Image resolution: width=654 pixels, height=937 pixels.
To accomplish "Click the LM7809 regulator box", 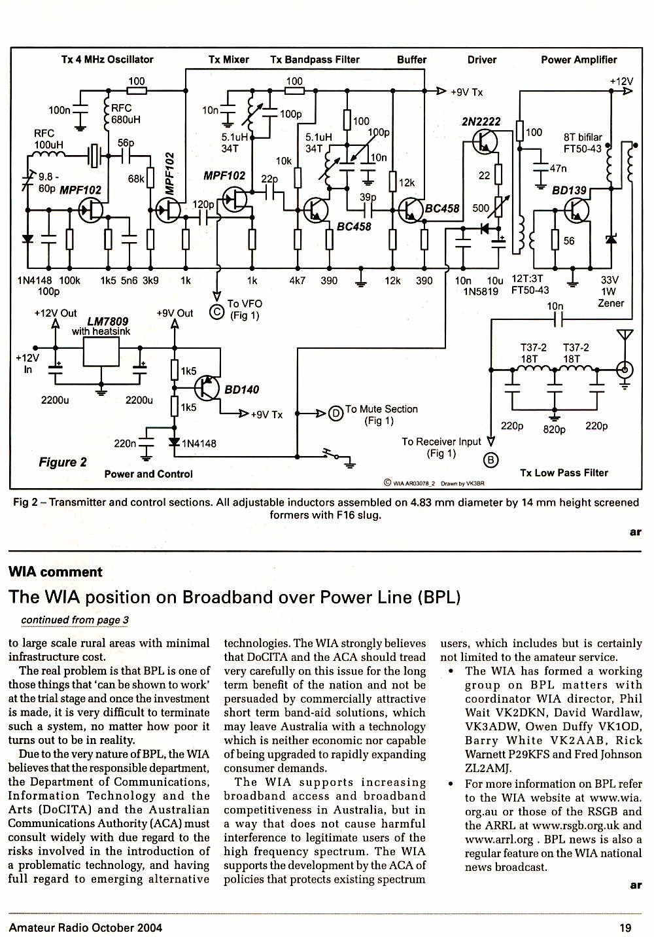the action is pyautogui.click(x=101, y=351).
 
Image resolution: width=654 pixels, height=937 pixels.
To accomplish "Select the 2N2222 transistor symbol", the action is pyautogui.click(x=485, y=141).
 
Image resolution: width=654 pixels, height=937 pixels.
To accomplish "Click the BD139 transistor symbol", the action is pyautogui.click(x=577, y=211).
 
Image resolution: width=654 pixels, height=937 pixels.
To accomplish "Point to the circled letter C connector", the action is pyautogui.click(x=216, y=312).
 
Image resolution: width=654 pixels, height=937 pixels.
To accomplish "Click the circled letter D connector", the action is pyautogui.click(x=336, y=414).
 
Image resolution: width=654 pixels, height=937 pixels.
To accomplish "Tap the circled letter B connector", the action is pyautogui.click(x=491, y=461).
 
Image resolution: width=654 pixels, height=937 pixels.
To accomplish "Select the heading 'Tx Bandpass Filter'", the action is pyautogui.click(x=315, y=60).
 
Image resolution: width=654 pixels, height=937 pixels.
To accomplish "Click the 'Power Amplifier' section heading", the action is pyautogui.click(x=579, y=60).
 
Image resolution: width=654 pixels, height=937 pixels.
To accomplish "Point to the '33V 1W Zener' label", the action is pyautogui.click(x=611, y=292).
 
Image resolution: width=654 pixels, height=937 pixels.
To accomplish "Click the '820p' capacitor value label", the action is pyautogui.click(x=554, y=430).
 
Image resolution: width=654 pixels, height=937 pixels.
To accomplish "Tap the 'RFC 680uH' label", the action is pyautogui.click(x=126, y=114).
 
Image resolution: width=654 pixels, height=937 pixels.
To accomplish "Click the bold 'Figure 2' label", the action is pyautogui.click(x=63, y=462).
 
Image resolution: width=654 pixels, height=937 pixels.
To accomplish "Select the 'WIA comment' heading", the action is pyautogui.click(x=55, y=572).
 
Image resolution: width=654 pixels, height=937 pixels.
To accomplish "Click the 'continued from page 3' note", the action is pyautogui.click(x=75, y=620).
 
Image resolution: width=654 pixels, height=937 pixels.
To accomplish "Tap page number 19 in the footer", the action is pyautogui.click(x=626, y=928).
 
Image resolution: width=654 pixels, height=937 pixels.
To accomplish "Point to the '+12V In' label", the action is pyautogui.click(x=27, y=364).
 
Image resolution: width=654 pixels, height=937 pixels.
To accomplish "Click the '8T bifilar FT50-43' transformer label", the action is pyautogui.click(x=583, y=143).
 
